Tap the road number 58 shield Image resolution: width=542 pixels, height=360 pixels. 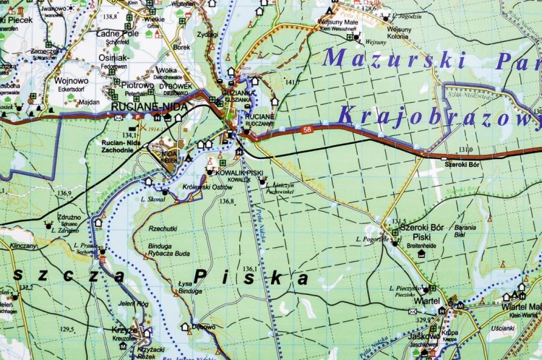coord(308,129)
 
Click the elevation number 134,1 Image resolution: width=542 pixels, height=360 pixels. coord(130,135)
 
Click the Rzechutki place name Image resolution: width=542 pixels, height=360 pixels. coord(163,228)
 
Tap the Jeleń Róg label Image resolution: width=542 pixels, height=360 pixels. coord(133,304)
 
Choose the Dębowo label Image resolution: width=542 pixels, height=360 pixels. coord(204,327)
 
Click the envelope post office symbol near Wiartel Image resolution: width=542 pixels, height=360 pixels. coord(413,311)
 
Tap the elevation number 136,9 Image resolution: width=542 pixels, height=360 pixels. coord(64,193)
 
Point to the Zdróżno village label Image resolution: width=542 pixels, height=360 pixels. coord(69,216)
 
